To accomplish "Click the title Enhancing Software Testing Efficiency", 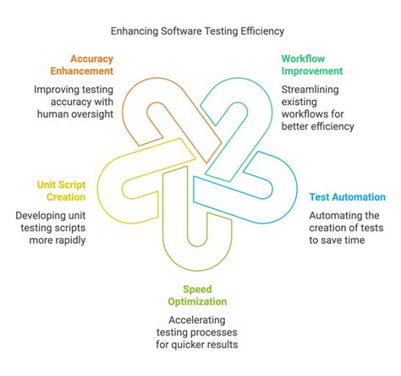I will point(197,30).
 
